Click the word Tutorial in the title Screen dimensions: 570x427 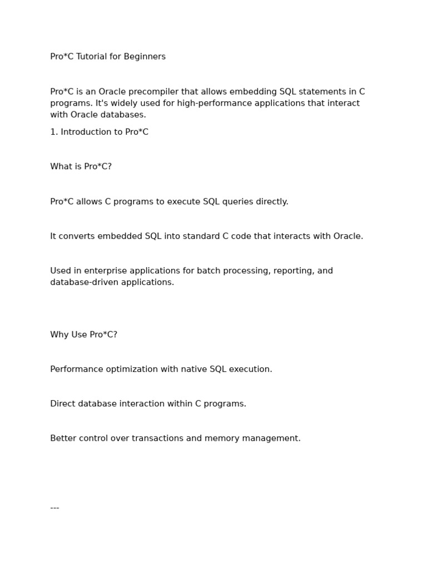(92, 57)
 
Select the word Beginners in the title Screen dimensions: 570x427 (145, 57)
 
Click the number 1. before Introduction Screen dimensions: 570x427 (54, 132)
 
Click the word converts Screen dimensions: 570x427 (77, 237)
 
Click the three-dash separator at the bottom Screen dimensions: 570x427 (54, 508)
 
